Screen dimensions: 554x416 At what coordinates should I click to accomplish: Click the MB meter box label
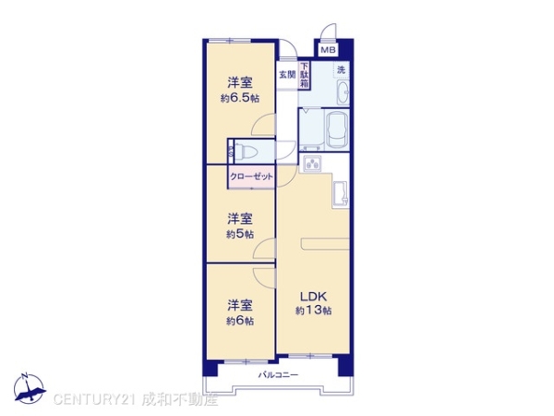tap(328, 50)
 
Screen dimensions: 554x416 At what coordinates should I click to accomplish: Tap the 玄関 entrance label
tap(287, 75)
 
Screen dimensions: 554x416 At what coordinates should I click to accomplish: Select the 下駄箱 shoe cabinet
tap(304, 75)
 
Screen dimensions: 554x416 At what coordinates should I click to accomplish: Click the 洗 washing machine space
tap(342, 69)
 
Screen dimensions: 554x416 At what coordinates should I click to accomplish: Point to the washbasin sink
tap(343, 92)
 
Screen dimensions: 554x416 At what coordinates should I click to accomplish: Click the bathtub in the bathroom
tap(337, 129)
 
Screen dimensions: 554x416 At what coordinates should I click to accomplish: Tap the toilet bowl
tap(246, 153)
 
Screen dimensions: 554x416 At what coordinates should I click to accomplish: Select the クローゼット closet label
tap(251, 177)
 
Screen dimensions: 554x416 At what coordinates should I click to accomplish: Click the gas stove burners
tap(312, 164)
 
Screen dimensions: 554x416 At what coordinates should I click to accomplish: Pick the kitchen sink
tap(340, 193)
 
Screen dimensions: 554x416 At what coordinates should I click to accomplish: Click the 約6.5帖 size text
tap(240, 98)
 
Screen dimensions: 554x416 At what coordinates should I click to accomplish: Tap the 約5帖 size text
tap(240, 234)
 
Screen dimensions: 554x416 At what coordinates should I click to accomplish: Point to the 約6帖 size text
tap(240, 321)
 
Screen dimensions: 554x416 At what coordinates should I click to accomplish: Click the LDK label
tap(313, 296)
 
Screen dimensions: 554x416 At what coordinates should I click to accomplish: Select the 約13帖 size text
tap(313, 311)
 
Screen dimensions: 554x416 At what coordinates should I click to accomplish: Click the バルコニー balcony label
tap(278, 374)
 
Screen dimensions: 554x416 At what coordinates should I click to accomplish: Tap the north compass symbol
tap(30, 389)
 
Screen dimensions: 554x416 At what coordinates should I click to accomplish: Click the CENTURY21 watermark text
tap(94, 399)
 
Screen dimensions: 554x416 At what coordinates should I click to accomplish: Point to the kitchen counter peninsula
tap(325, 244)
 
